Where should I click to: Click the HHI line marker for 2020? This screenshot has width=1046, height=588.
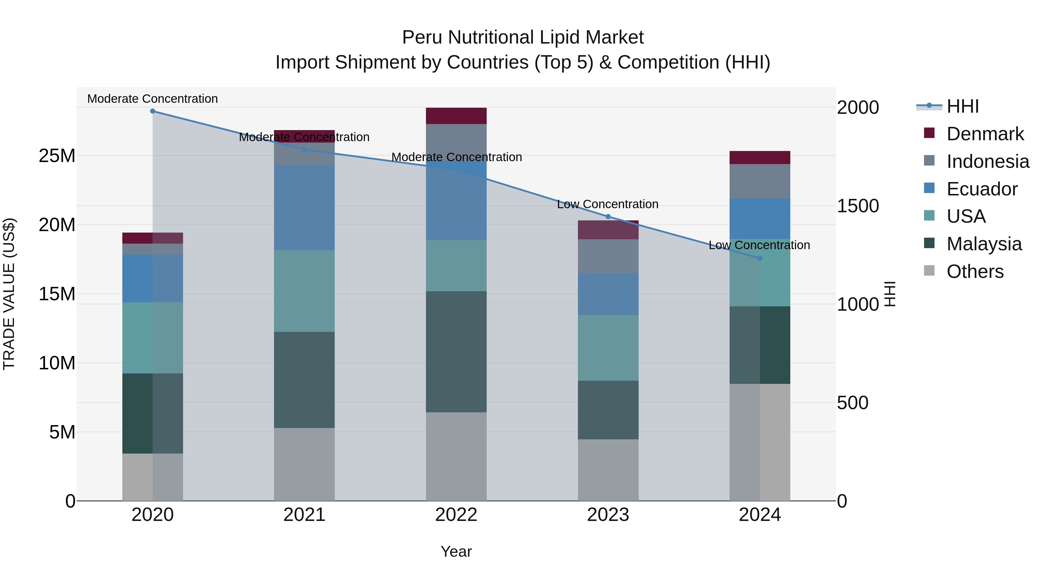pyautogui.click(x=153, y=111)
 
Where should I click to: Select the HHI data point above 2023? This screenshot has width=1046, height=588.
pyautogui.click(x=608, y=217)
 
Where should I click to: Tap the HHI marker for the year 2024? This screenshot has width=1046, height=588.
pyautogui.click(x=760, y=258)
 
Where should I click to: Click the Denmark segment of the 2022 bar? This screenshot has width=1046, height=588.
pyautogui.click(x=456, y=116)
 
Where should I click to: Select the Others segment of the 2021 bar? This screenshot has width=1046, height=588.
pyautogui.click(x=304, y=464)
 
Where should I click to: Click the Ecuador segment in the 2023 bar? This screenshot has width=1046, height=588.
pyautogui.click(x=608, y=294)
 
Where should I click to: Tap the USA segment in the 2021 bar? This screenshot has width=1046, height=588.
pyautogui.click(x=304, y=291)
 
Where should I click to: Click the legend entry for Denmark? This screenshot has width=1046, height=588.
pyautogui.click(x=985, y=134)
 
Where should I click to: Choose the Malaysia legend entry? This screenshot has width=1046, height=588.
pyautogui.click(x=984, y=244)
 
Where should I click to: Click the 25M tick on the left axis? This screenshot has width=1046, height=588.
pyautogui.click(x=57, y=156)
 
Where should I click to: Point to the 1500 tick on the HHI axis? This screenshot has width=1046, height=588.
pyautogui.click(x=858, y=206)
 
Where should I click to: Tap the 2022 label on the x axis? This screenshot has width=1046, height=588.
pyautogui.click(x=456, y=515)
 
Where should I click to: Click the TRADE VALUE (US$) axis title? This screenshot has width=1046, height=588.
pyautogui.click(x=9, y=294)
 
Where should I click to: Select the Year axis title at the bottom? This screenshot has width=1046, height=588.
pyautogui.click(x=456, y=551)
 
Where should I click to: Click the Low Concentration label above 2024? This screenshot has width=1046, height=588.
pyautogui.click(x=759, y=245)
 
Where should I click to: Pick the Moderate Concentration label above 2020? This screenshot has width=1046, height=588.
pyautogui.click(x=153, y=99)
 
